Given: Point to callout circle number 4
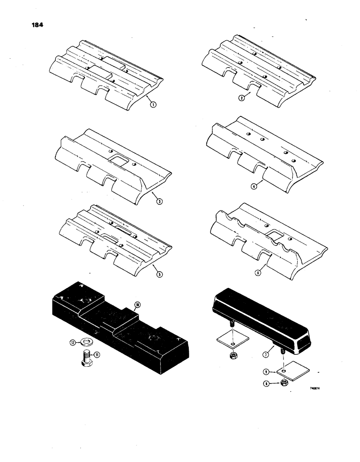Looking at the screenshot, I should point(253,187).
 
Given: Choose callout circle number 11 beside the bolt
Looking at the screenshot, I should point(96,354).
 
